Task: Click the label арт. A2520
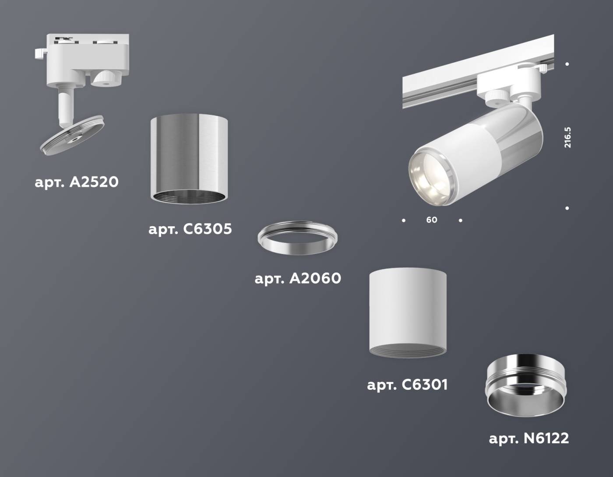pos(77,182)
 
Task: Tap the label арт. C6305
pos(190,229)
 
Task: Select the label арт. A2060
pos(298,278)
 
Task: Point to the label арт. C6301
pos(407,385)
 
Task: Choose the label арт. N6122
pos(529,438)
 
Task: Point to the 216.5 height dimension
pos(567,137)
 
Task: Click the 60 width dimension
pos(432,220)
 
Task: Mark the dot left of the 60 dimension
pos(404,220)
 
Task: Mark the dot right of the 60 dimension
pos(460,220)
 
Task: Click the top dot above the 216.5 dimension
pos(567,64)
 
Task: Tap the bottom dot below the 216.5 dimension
pos(567,208)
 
